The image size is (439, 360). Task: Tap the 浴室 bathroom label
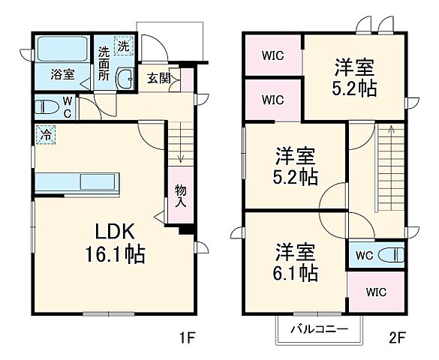pyautogui.click(x=62, y=74)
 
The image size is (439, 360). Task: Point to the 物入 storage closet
pyautogui.click(x=180, y=196)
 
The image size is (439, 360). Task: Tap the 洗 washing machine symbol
pyautogui.click(x=122, y=45)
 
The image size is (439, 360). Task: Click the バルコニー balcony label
pyautogui.click(x=319, y=328)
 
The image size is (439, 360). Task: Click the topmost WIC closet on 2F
pyautogui.click(x=272, y=55)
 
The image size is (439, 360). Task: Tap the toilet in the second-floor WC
pyautogui.click(x=391, y=255)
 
